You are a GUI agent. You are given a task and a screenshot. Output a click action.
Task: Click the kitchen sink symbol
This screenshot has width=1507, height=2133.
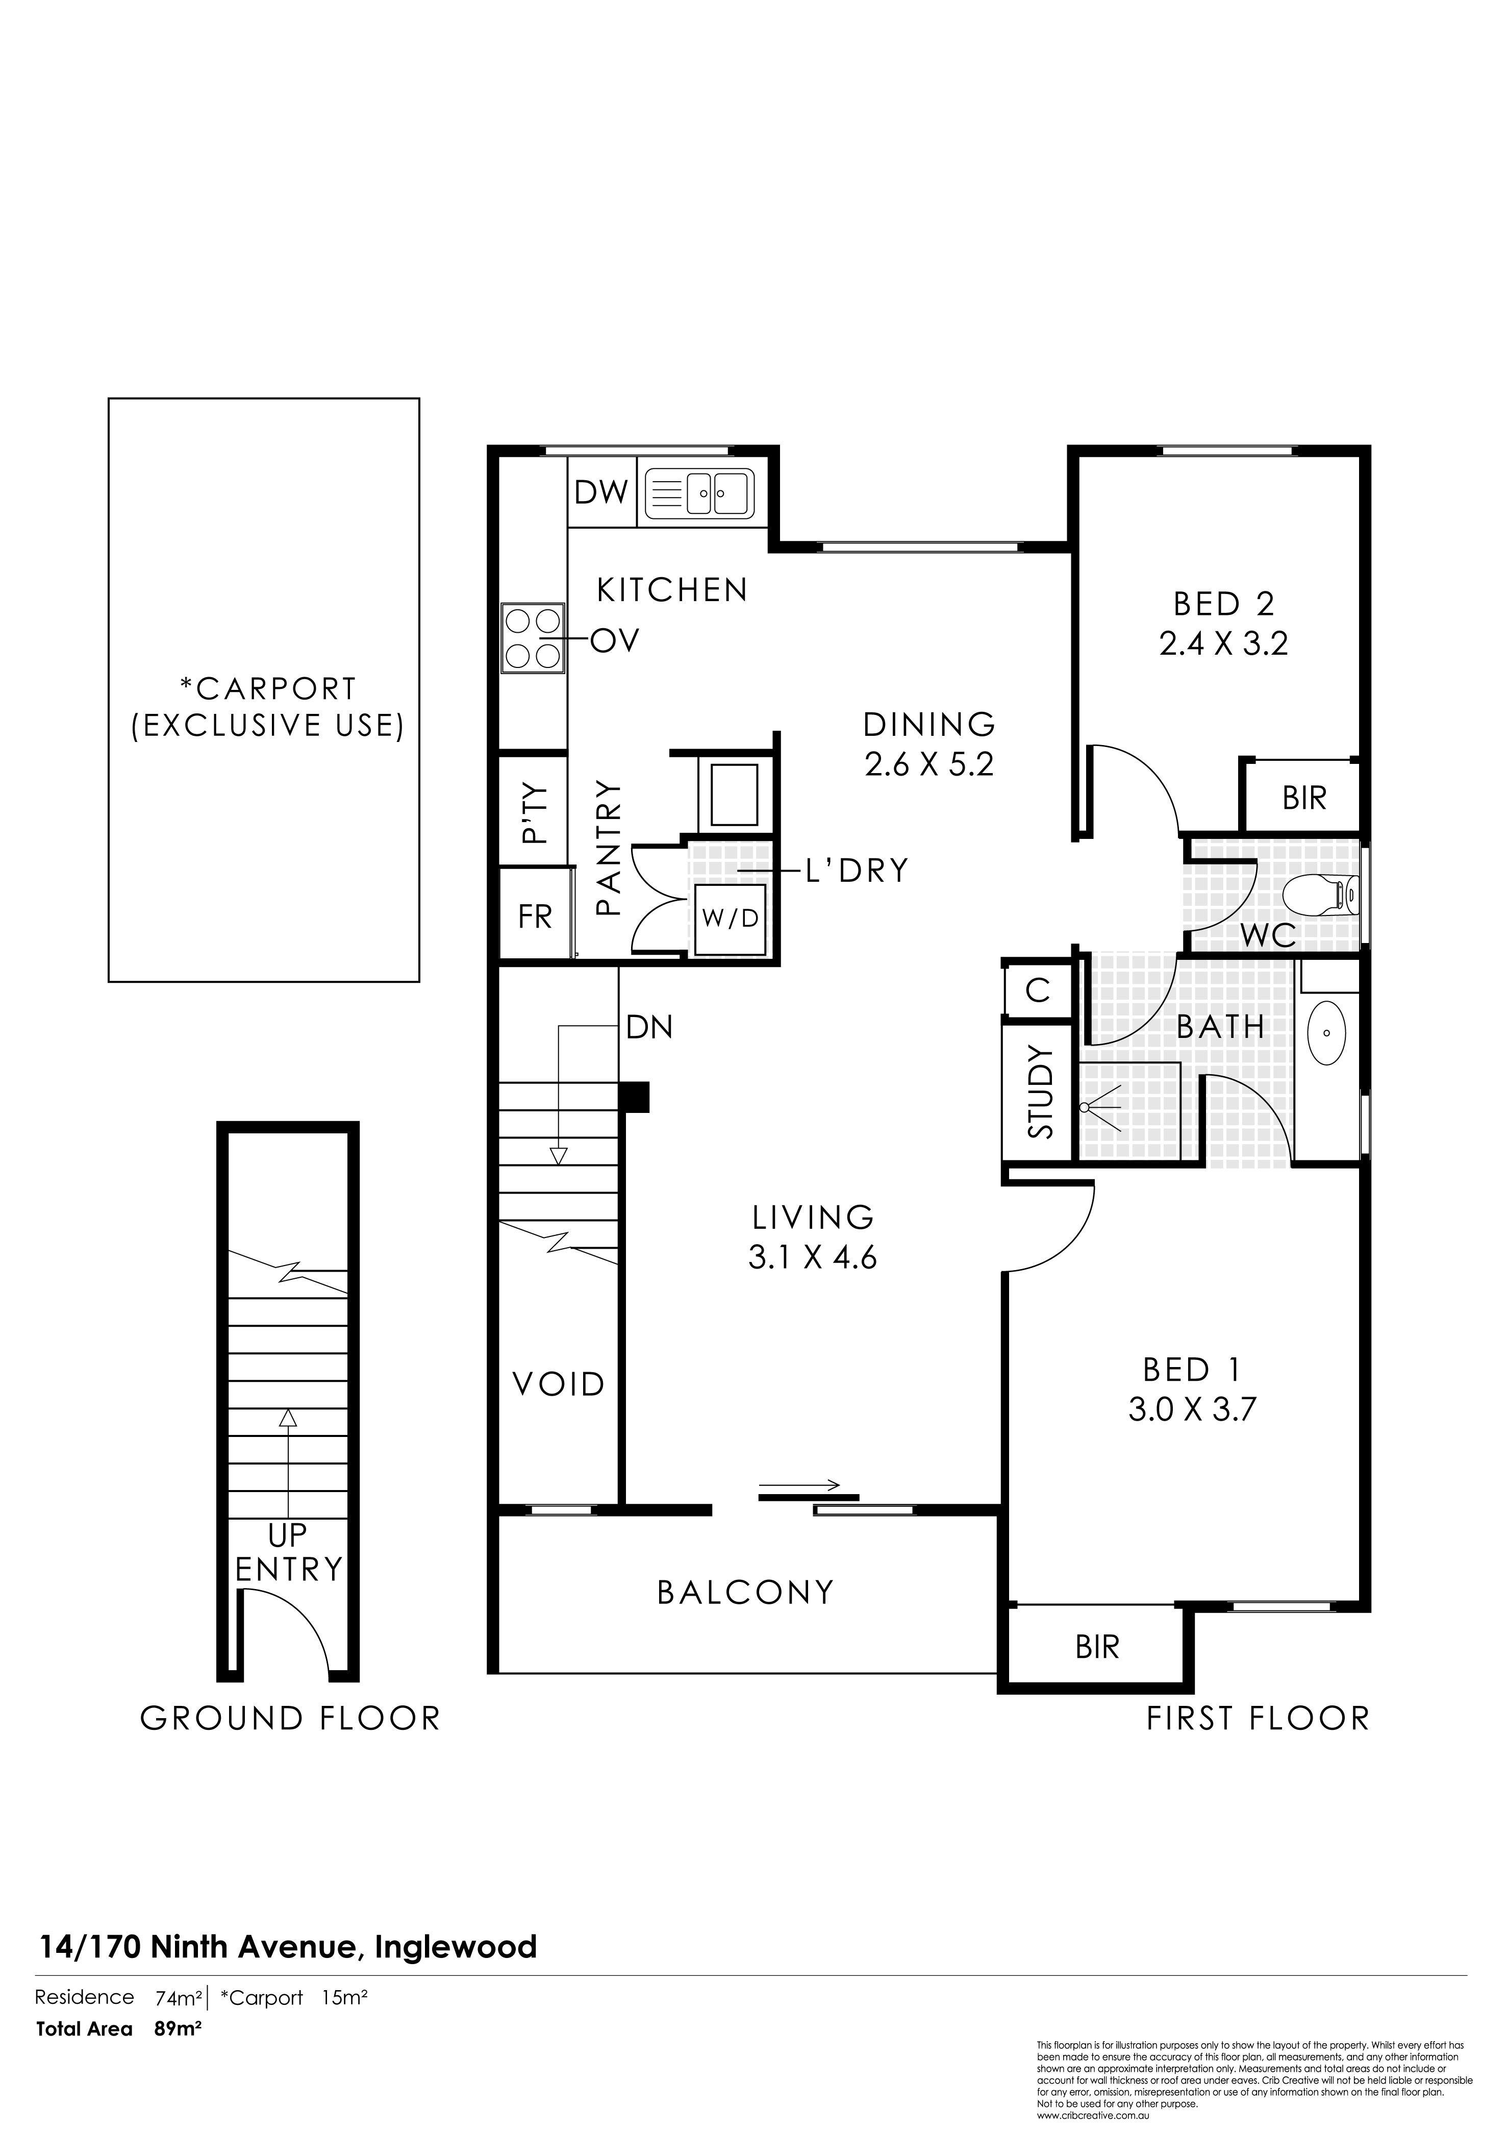click(x=699, y=491)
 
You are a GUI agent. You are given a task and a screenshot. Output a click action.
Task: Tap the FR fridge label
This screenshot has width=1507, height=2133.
click(x=535, y=917)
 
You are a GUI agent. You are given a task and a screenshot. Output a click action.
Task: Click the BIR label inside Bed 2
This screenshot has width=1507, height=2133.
click(x=1304, y=797)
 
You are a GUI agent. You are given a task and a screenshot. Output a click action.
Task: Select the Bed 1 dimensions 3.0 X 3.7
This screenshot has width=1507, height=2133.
click(x=1192, y=1410)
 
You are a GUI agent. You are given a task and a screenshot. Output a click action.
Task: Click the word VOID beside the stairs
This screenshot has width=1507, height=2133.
click(x=559, y=1384)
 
